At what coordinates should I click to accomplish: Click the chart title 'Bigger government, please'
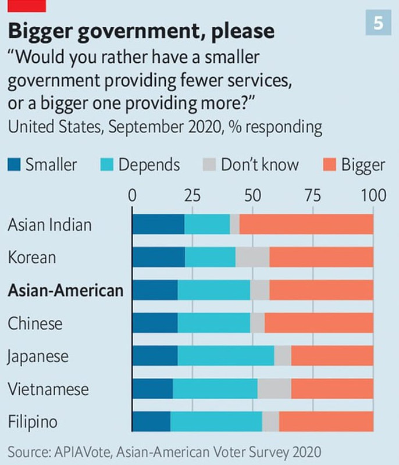(x=141, y=30)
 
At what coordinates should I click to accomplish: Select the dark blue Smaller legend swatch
(x=14, y=164)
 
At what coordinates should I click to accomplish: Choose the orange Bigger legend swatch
(x=330, y=164)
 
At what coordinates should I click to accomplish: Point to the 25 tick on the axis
(x=193, y=195)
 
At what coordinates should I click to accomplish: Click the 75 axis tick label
(x=313, y=195)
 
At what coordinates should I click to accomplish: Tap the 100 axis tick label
(x=373, y=195)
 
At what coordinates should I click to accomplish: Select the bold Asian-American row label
(x=66, y=290)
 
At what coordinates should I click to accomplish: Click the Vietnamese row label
(x=48, y=388)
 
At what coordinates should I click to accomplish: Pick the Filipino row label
(x=33, y=421)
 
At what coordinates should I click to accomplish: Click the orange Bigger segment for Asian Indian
(x=306, y=224)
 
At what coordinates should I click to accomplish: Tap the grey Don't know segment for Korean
(x=252, y=257)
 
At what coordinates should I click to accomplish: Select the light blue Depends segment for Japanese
(x=226, y=356)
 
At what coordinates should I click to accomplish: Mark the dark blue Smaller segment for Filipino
(x=151, y=421)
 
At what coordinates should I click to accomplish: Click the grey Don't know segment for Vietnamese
(x=274, y=388)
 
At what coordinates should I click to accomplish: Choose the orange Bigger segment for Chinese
(x=319, y=323)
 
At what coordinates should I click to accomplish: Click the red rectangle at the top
(x=23, y=6)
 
